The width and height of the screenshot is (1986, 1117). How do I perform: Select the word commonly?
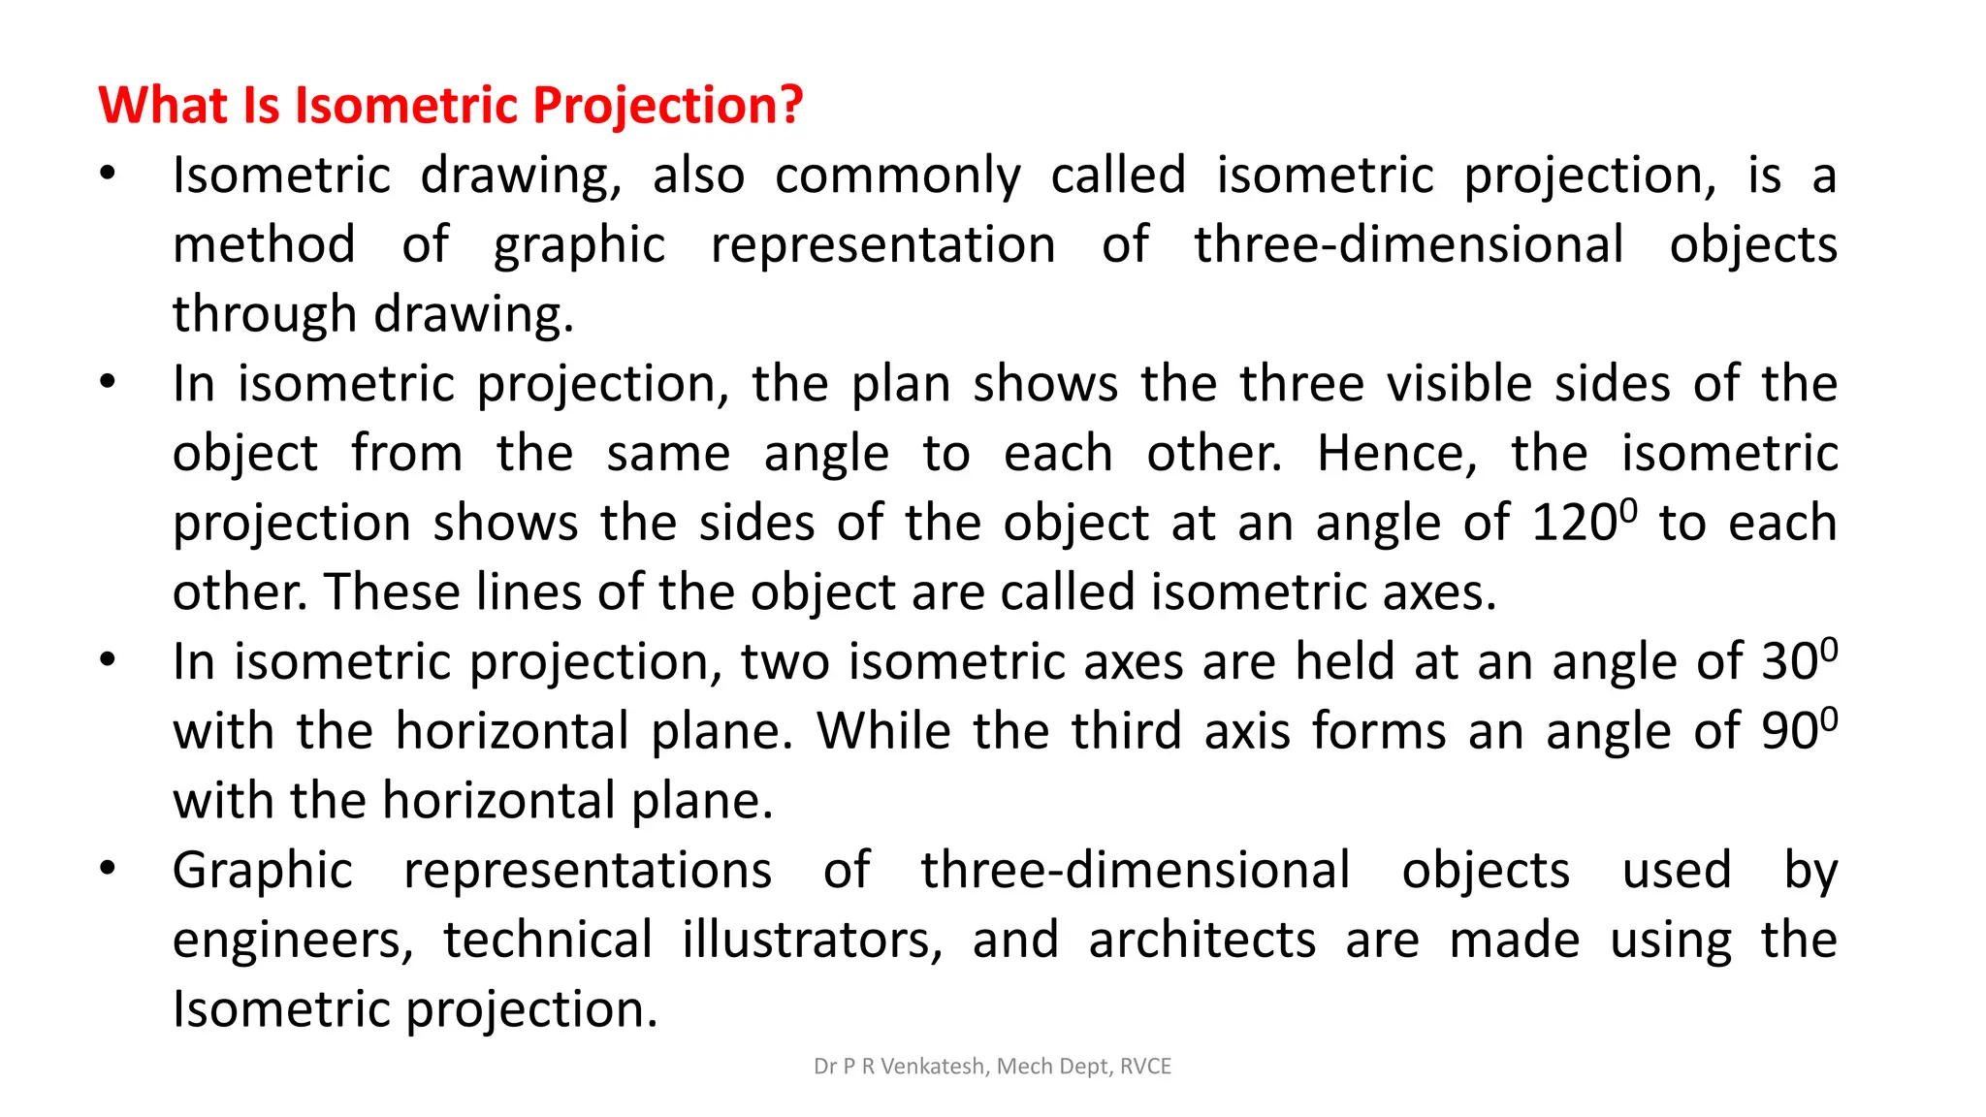point(898,176)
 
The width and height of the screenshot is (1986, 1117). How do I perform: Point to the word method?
point(264,244)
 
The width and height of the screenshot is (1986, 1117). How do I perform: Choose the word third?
point(1127,731)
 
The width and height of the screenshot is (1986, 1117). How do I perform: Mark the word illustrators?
point(812,941)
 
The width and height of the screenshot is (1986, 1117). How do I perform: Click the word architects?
point(1202,941)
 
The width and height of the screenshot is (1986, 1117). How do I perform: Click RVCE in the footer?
point(1145,1067)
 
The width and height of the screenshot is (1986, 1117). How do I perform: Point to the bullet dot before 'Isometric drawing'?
point(108,176)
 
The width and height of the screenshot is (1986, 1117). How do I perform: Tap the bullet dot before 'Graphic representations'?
point(108,869)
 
